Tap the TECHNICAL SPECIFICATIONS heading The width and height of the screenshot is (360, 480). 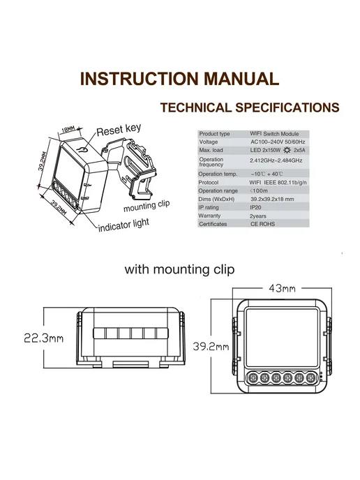tap(250, 107)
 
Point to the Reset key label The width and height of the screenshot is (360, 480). tap(119, 130)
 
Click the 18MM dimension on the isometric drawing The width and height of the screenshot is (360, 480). tap(68, 130)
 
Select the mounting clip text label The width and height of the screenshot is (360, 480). tap(147, 206)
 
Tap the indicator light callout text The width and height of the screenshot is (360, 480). tap(123, 225)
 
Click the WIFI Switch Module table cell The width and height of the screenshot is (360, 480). tap(274, 134)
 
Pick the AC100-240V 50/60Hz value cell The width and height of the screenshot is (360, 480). tap(278, 142)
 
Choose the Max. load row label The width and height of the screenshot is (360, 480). tap(211, 150)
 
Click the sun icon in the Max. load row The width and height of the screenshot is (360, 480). tap(287, 150)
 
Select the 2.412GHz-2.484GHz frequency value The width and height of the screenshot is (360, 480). tap(276, 160)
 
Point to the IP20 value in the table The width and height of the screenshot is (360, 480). tap(255, 207)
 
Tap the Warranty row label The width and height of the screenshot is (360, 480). tap(209, 216)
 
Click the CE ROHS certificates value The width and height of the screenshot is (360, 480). tap(262, 224)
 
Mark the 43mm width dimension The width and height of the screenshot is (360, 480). tap(282, 288)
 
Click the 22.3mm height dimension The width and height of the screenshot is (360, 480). tap(44, 338)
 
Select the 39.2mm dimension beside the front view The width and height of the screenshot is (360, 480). tap(211, 346)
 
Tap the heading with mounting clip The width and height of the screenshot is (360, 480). tap(180, 269)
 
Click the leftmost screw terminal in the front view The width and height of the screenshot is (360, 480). tap(253, 377)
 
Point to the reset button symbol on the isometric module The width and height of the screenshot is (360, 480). tap(82, 150)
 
